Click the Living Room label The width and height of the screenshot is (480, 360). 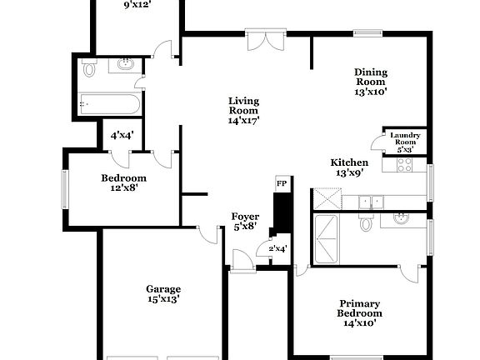pyautogui.click(x=244, y=111)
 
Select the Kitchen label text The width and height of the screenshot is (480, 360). pyautogui.click(x=349, y=167)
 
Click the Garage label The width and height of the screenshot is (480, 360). pyautogui.click(x=163, y=293)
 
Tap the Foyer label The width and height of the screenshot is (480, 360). pyautogui.click(x=244, y=222)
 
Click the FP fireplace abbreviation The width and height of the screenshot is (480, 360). pyautogui.click(x=282, y=182)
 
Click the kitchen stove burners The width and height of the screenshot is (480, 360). pyautogui.click(x=405, y=165)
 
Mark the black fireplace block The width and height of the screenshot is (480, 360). pyautogui.click(x=282, y=213)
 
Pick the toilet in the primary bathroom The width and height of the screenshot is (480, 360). pyautogui.click(x=364, y=224)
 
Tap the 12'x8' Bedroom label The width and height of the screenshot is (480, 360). pyautogui.click(x=124, y=182)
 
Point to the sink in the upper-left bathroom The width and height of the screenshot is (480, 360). pyautogui.click(x=126, y=65)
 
